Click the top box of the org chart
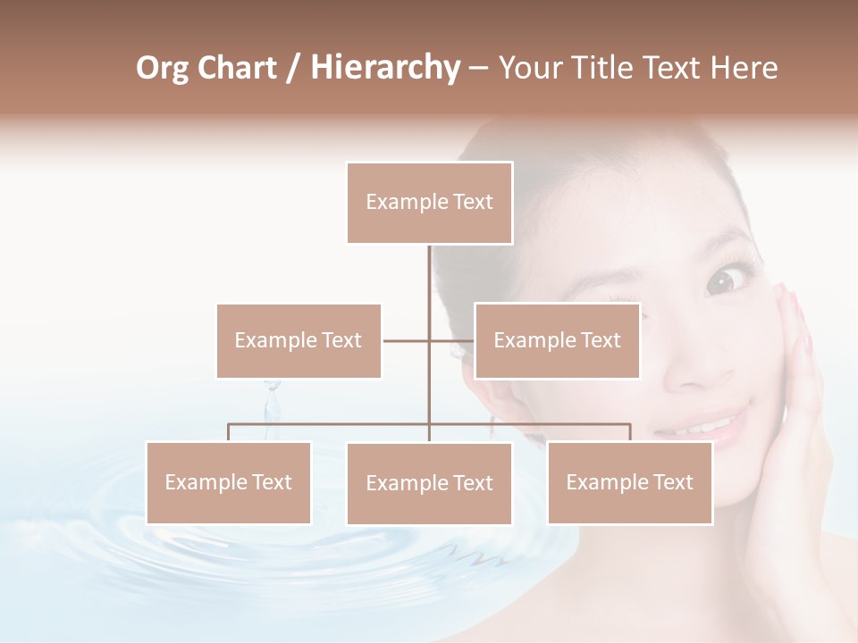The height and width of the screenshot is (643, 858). pos(429,203)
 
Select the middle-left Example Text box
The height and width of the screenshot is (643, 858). pos(299,340)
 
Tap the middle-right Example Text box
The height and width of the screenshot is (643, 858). pos(557,340)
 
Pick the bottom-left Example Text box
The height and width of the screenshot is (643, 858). pos(228,482)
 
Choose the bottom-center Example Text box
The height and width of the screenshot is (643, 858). pos(429,483)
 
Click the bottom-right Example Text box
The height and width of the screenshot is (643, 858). pos(629,482)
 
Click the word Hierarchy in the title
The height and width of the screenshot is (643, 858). pos(385,68)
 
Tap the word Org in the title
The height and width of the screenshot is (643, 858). pos(163,68)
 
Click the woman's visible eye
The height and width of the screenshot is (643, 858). pos(720,281)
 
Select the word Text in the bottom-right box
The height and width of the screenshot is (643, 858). pos(672,482)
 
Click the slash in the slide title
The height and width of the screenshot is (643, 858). pos(292,68)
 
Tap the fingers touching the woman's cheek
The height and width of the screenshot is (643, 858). pos(792,313)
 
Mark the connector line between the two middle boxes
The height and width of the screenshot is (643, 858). pos(429,340)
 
